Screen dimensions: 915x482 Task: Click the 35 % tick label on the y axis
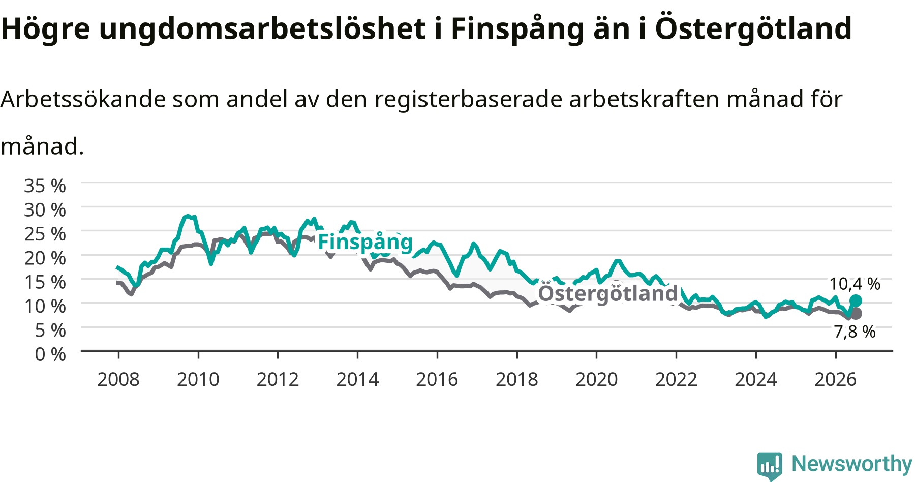point(45,186)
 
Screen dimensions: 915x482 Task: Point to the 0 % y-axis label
point(50,354)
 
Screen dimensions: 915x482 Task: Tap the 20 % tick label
point(45,258)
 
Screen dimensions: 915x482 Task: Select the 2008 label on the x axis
point(118,379)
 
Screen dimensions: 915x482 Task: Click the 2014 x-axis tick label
point(357,379)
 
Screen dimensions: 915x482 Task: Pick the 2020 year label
point(596,379)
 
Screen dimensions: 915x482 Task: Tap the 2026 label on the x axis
point(836,379)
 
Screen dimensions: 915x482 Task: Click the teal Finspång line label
point(365,242)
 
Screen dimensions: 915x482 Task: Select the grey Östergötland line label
point(608,293)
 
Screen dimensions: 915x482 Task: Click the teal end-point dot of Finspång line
point(856,300)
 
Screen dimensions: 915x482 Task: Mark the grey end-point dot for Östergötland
point(856,313)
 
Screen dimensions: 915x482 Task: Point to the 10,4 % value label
point(855,284)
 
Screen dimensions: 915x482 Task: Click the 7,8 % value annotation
point(855,332)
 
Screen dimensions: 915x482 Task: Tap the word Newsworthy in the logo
point(852,463)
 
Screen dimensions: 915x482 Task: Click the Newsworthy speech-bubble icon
point(770,466)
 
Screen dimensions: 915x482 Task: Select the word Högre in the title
point(45,29)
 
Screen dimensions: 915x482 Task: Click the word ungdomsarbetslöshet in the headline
point(262,29)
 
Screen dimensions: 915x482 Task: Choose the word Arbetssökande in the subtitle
point(83,99)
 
